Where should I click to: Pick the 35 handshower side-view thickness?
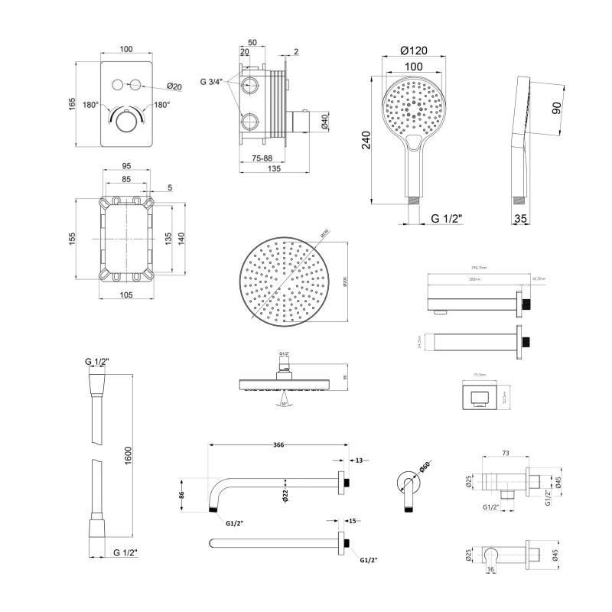[x=521, y=218]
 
